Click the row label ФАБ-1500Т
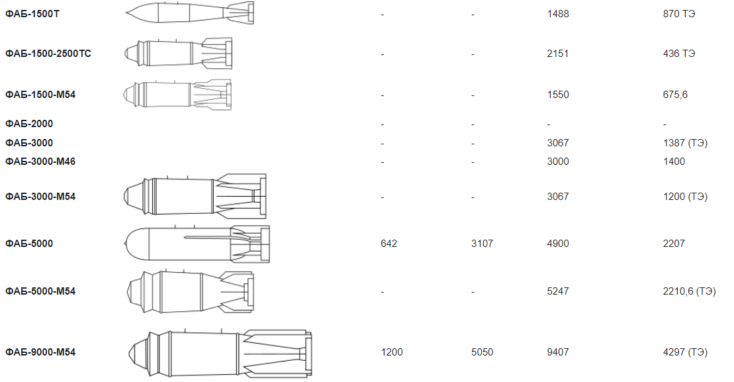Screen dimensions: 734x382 pos(32,14)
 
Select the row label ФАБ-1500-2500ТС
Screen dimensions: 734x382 pos(48,54)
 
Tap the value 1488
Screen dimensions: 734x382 pos(558,14)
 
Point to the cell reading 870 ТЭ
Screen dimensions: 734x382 pos(679,14)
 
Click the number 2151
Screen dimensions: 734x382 pos(557,54)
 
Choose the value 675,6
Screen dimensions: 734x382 pos(675,95)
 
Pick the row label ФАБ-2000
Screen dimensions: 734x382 pos(29,124)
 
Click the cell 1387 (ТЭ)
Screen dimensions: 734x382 pos(685,143)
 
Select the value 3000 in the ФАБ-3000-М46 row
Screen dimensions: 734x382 pos(558,162)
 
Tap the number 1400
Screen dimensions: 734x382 pos(674,162)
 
